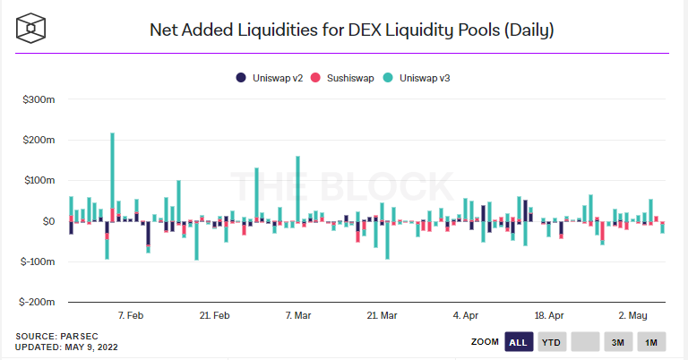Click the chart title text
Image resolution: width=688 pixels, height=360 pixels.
(351, 30)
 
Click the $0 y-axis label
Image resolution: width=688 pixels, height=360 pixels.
(47, 221)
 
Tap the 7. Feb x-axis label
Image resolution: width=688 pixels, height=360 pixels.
(131, 315)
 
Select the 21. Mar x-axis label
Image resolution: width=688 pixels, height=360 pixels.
(383, 315)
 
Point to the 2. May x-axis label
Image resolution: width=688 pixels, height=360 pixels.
(632, 315)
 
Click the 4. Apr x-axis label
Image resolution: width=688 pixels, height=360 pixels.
(466, 315)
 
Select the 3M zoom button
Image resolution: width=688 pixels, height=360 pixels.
(618, 342)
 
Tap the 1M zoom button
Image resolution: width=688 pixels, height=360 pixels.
(651, 342)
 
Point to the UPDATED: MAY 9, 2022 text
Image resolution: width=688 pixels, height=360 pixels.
(66, 347)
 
